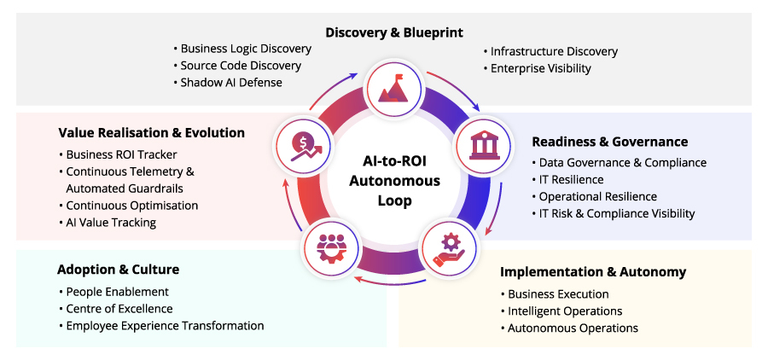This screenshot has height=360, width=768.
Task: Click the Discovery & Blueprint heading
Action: coord(394,32)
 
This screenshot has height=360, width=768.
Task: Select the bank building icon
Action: coord(484,144)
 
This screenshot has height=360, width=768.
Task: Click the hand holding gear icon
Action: coord(449,250)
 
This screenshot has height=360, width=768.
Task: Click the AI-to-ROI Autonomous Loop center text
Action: coord(394,181)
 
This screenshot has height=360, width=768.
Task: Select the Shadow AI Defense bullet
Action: coord(228,82)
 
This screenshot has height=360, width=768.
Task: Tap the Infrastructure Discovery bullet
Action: coord(550,51)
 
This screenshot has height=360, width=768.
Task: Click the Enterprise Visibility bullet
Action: coord(538,68)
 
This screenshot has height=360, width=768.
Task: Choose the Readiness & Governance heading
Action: coord(610,142)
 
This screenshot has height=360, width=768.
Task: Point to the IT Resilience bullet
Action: coord(567,179)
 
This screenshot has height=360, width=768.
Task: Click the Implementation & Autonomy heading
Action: coord(593,272)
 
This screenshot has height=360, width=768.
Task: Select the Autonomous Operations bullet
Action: coord(569,328)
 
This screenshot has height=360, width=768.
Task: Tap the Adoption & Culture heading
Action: coord(118,270)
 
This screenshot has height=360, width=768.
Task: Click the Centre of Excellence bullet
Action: coord(115,309)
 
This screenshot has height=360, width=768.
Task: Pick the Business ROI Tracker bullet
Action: coord(118,154)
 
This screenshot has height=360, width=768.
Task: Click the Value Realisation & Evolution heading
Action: coord(151,133)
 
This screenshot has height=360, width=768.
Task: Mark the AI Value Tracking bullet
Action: coord(108,223)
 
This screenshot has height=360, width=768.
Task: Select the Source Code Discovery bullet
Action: coord(237,65)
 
